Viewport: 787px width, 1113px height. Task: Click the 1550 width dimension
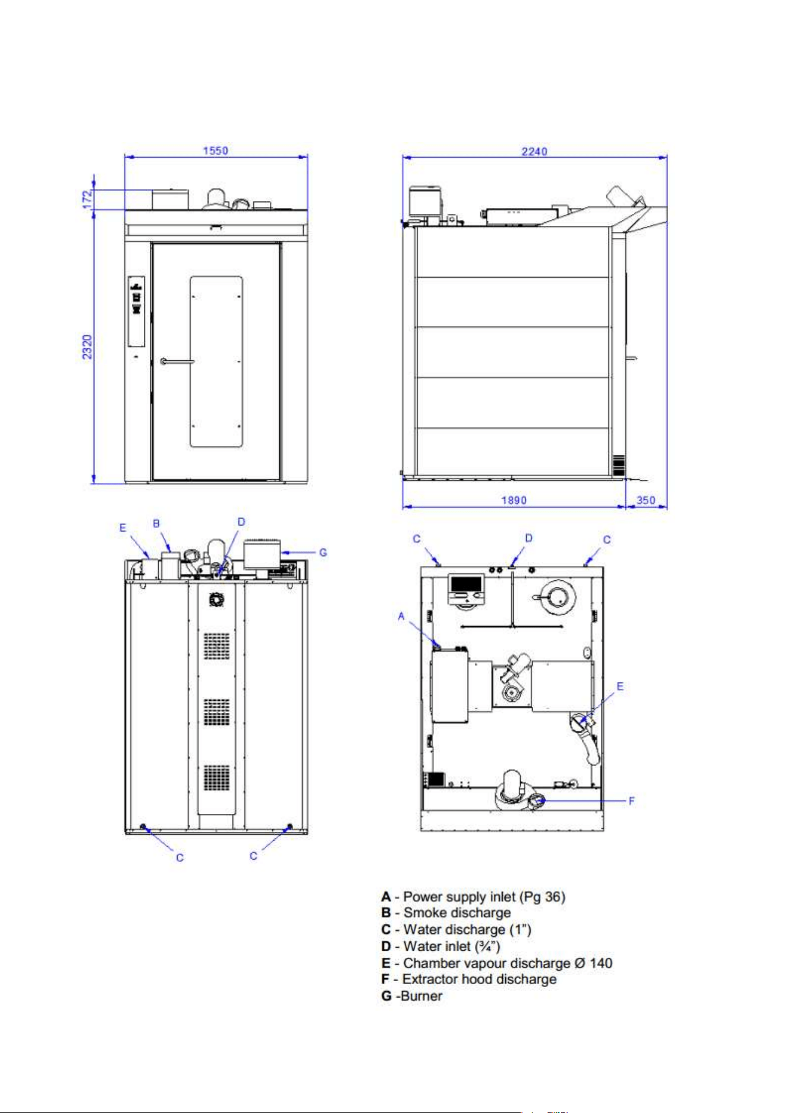(215, 150)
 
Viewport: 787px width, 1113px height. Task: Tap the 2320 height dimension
(87, 347)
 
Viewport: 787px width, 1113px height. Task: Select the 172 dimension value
(87, 199)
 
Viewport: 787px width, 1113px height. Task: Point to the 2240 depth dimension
(534, 151)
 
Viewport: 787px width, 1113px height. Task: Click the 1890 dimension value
(514, 500)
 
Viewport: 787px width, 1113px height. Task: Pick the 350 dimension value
(646, 500)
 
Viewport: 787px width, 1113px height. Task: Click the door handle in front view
(177, 361)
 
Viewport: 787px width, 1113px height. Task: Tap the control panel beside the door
(137, 311)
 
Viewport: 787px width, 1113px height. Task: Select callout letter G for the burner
(323, 552)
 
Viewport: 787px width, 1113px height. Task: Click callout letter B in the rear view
(156, 523)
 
